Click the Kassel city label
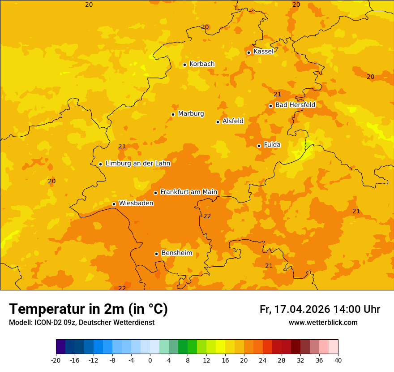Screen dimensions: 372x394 [x=263, y=52]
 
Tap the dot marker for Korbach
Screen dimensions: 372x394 [x=184, y=65]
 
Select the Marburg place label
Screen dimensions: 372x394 [x=191, y=114]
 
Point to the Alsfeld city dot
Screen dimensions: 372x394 [x=218, y=122]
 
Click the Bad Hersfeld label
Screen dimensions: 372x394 [x=295, y=105]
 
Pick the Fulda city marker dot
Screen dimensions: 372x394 [x=259, y=146]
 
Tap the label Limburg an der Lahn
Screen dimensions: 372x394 [x=137, y=164]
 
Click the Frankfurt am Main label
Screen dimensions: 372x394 [x=188, y=192]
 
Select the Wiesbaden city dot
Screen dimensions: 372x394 [x=114, y=204]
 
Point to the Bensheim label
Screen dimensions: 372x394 [x=176, y=253]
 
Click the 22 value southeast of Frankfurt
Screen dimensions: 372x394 [x=207, y=216]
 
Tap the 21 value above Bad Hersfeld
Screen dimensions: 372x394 [x=277, y=94]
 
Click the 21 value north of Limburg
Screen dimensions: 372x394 [x=122, y=147]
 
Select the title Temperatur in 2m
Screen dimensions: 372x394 [x=88, y=309]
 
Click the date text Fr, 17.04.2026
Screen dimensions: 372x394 [x=295, y=309]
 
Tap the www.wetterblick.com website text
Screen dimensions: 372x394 [x=323, y=323]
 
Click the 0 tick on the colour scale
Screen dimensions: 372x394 [x=150, y=360]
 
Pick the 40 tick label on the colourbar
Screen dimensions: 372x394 [x=338, y=360]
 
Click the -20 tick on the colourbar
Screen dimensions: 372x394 [x=56, y=360]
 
